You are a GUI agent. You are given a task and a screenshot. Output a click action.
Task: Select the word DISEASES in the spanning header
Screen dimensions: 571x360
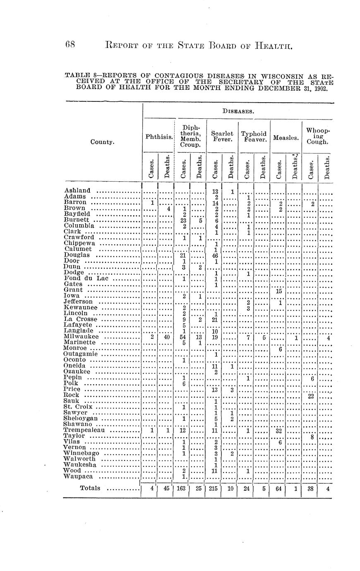pyautogui.click(x=238, y=111)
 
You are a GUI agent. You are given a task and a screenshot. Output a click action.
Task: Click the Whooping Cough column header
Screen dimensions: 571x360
pyautogui.click(x=318, y=136)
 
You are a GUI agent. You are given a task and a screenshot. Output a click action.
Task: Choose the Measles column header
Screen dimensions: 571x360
pyautogui.click(x=286, y=137)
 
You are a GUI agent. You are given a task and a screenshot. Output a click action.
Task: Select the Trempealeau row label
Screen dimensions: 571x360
pyautogui.click(x=84, y=430)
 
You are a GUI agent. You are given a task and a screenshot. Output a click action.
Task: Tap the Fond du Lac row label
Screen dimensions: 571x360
pyautogui.click(x=86, y=278)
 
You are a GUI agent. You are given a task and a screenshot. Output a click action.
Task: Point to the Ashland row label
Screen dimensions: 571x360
pyautogui.click(x=77, y=190)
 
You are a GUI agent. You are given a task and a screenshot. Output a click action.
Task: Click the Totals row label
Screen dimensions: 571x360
pyautogui.click(x=90, y=488)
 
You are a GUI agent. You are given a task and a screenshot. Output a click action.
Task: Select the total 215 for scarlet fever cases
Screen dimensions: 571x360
pyautogui.click(x=214, y=489)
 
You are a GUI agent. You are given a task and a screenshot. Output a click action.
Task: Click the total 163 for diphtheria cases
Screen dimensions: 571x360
pyautogui.click(x=181, y=489)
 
